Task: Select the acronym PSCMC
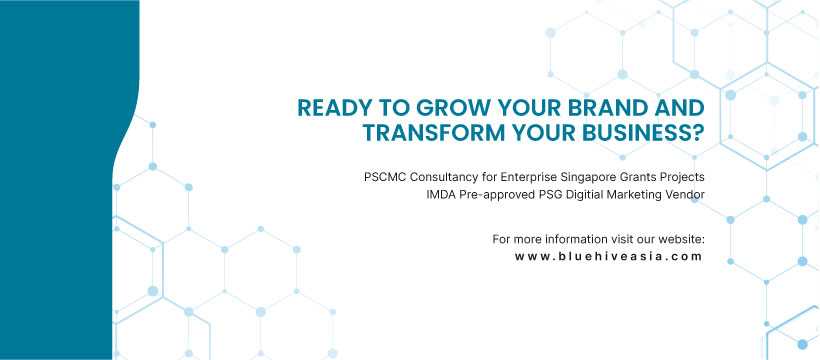(385, 177)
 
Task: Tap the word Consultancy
(442, 177)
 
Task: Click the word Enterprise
(525, 177)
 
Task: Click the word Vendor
(681, 194)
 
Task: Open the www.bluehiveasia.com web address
(609, 256)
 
